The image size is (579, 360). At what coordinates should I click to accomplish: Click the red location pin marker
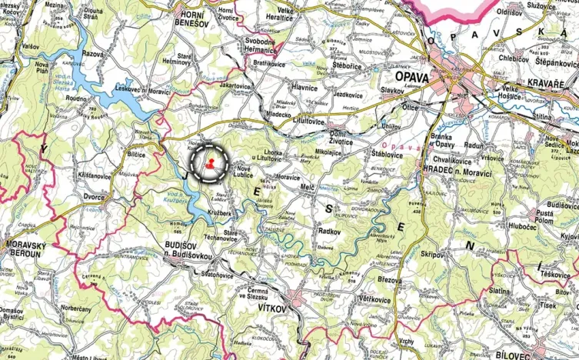point(209,163)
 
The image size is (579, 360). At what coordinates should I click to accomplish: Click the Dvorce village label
point(94,197)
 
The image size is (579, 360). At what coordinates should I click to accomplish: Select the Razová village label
point(93,55)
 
